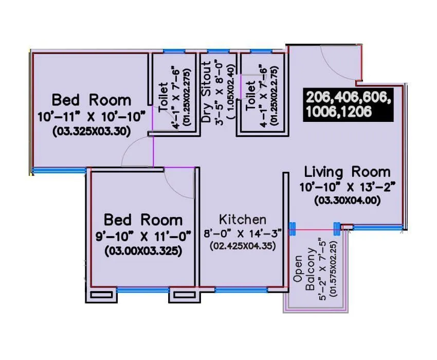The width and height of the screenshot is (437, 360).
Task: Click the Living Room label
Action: (347, 172)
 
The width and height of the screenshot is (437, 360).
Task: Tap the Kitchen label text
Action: (243, 220)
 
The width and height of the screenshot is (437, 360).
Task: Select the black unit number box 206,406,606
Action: (349, 104)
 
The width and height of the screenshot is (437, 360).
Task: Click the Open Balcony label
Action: (304, 273)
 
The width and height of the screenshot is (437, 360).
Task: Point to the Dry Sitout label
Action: (207, 92)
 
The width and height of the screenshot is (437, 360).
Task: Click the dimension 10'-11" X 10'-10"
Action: (92, 117)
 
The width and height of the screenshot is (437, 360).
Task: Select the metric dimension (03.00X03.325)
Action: (143, 251)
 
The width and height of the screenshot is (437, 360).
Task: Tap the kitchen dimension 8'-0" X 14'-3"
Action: (243, 233)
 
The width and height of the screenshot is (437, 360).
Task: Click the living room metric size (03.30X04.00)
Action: (347, 201)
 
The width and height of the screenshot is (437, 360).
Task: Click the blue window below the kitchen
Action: (241, 290)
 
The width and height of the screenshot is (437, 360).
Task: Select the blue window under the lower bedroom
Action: (143, 290)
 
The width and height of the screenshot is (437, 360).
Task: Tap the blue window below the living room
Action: (378, 228)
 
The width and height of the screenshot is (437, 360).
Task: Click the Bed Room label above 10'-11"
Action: (92, 100)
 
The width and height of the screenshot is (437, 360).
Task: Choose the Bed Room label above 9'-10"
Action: (143, 220)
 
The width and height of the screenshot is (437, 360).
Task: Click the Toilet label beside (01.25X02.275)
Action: (163, 98)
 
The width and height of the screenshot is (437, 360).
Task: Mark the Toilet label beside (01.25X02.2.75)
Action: (250, 96)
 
